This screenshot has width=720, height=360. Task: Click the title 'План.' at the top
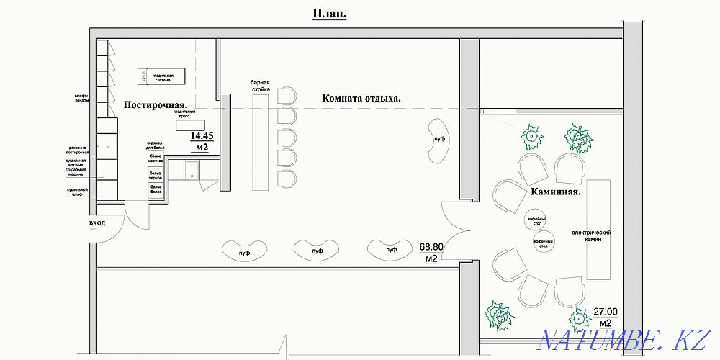(329, 14)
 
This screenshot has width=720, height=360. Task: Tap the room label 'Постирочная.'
(160, 104)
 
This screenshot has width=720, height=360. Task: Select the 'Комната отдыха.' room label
(361, 98)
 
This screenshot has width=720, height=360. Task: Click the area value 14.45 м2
(202, 141)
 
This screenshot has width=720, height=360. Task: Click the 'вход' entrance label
(97, 224)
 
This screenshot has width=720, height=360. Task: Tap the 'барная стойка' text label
(260, 86)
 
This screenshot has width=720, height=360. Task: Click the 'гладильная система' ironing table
(162, 76)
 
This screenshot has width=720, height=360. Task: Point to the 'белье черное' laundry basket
(156, 174)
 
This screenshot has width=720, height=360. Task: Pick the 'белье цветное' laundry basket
(156, 159)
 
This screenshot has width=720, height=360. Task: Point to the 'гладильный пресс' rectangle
(184, 123)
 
